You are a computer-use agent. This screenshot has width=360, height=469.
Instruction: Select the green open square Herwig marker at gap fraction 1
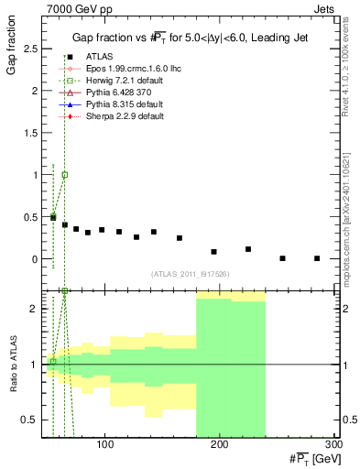pyautogui.click(x=64, y=174)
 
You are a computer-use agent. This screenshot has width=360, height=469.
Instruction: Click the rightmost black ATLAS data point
pyautogui.click(x=317, y=258)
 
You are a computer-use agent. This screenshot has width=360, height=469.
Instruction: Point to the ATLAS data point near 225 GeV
pyautogui.click(x=248, y=249)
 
